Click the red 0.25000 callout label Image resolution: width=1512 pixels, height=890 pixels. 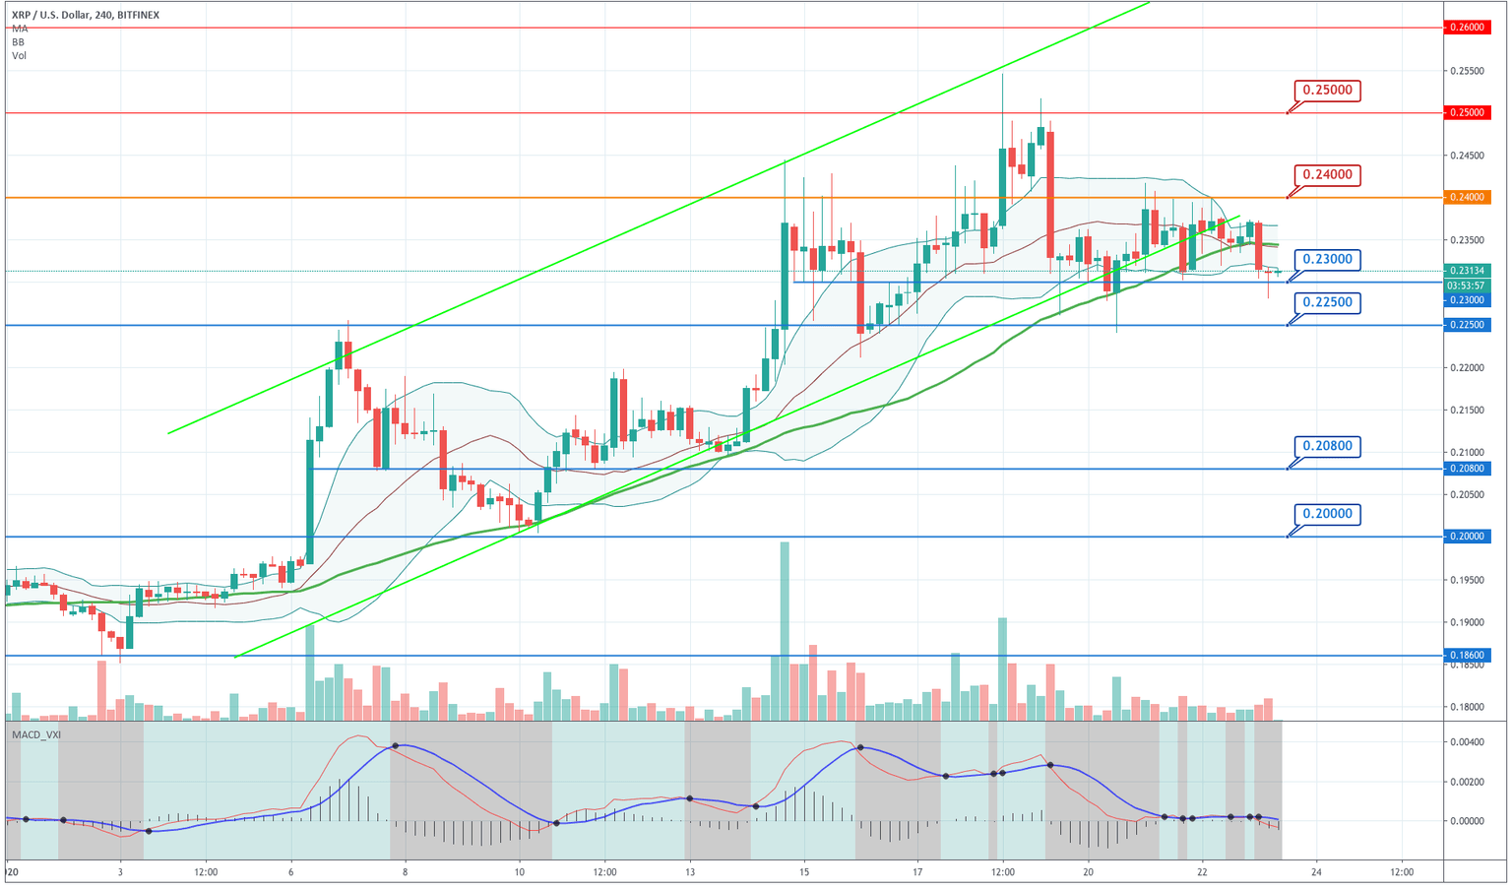[x=1326, y=91]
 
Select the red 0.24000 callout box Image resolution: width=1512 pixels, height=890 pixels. [x=1326, y=175]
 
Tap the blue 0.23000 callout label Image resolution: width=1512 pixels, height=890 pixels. [x=1326, y=260]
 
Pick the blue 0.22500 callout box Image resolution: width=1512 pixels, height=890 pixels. [x=1326, y=303]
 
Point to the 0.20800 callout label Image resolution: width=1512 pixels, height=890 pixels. [x=1326, y=446]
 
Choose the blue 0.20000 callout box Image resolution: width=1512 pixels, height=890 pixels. [x=1326, y=514]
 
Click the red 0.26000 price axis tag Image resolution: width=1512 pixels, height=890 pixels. [x=1466, y=28]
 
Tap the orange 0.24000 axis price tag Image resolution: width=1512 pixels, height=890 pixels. [x=1466, y=198]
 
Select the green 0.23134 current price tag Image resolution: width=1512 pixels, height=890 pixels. [x=1466, y=271]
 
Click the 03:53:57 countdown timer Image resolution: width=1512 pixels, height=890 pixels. [x=1466, y=286]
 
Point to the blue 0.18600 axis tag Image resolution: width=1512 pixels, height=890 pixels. [x=1466, y=655]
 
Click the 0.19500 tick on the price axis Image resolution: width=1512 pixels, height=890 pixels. [x=1466, y=580]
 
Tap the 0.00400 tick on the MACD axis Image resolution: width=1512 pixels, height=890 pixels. [x=1466, y=741]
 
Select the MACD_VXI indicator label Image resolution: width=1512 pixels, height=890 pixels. [x=35, y=734]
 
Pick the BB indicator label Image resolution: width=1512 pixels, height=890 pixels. [x=18, y=42]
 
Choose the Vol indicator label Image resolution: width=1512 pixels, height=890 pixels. [x=19, y=56]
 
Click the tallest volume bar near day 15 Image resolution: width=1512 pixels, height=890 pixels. [x=785, y=630]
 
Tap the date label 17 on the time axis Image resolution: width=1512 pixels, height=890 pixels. [x=917, y=872]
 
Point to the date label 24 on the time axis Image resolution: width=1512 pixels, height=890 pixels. [x=1316, y=872]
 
